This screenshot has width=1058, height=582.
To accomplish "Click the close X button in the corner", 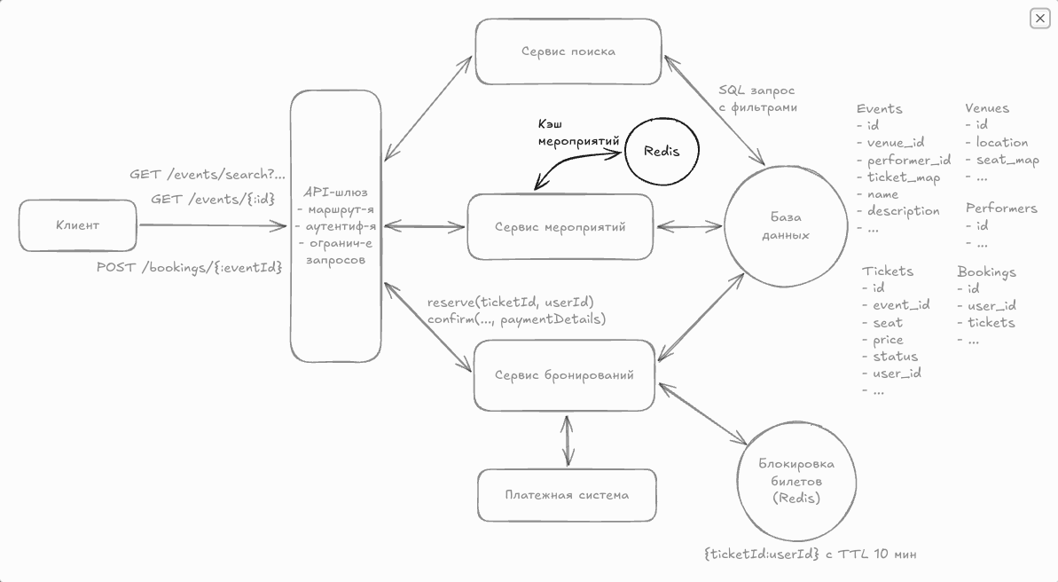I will pyautogui.click(x=1039, y=18).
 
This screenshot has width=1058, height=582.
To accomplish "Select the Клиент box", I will pyautogui.click(x=78, y=225).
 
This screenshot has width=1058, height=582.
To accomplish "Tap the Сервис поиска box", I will pyautogui.click(x=568, y=51).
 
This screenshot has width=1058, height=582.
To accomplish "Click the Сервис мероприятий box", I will pyautogui.click(x=560, y=227).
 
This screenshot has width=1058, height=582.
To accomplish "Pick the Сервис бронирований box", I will pyautogui.click(x=565, y=375).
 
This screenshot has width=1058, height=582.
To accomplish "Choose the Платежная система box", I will pyautogui.click(x=567, y=495).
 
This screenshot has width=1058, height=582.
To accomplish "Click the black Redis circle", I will pyautogui.click(x=662, y=151).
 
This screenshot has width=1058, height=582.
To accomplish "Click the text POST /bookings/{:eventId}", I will pyautogui.click(x=189, y=267).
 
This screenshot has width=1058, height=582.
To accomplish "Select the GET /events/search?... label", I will pyautogui.click(x=208, y=175).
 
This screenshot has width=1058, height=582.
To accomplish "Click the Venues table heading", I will pyautogui.click(x=987, y=108).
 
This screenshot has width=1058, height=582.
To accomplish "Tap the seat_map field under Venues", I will pyautogui.click(x=1007, y=161).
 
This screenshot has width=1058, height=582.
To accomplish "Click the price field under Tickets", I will pyautogui.click(x=888, y=340).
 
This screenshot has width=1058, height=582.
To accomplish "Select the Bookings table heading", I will pyautogui.click(x=986, y=271).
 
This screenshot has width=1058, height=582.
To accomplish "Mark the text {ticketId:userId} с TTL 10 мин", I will pyautogui.click(x=810, y=554).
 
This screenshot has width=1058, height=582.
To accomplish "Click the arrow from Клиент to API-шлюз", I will pyautogui.click(x=213, y=225).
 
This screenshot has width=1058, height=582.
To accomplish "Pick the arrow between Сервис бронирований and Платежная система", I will pyautogui.click(x=567, y=439).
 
